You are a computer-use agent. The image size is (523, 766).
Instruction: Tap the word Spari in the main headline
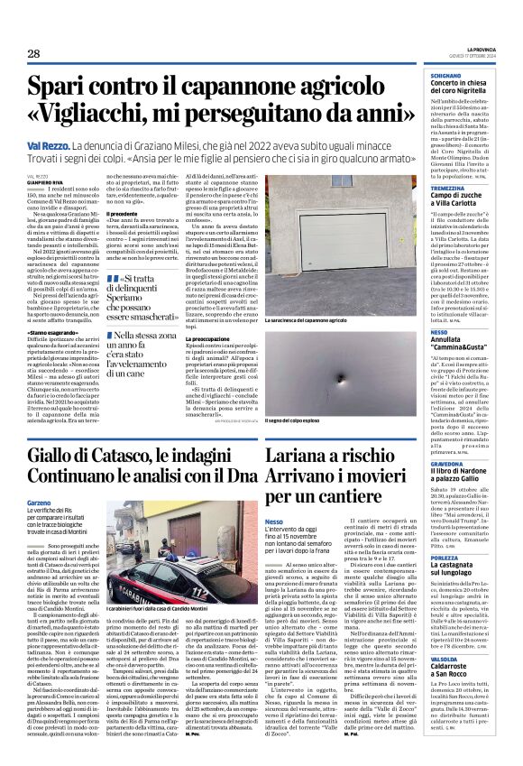(66, 88)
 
